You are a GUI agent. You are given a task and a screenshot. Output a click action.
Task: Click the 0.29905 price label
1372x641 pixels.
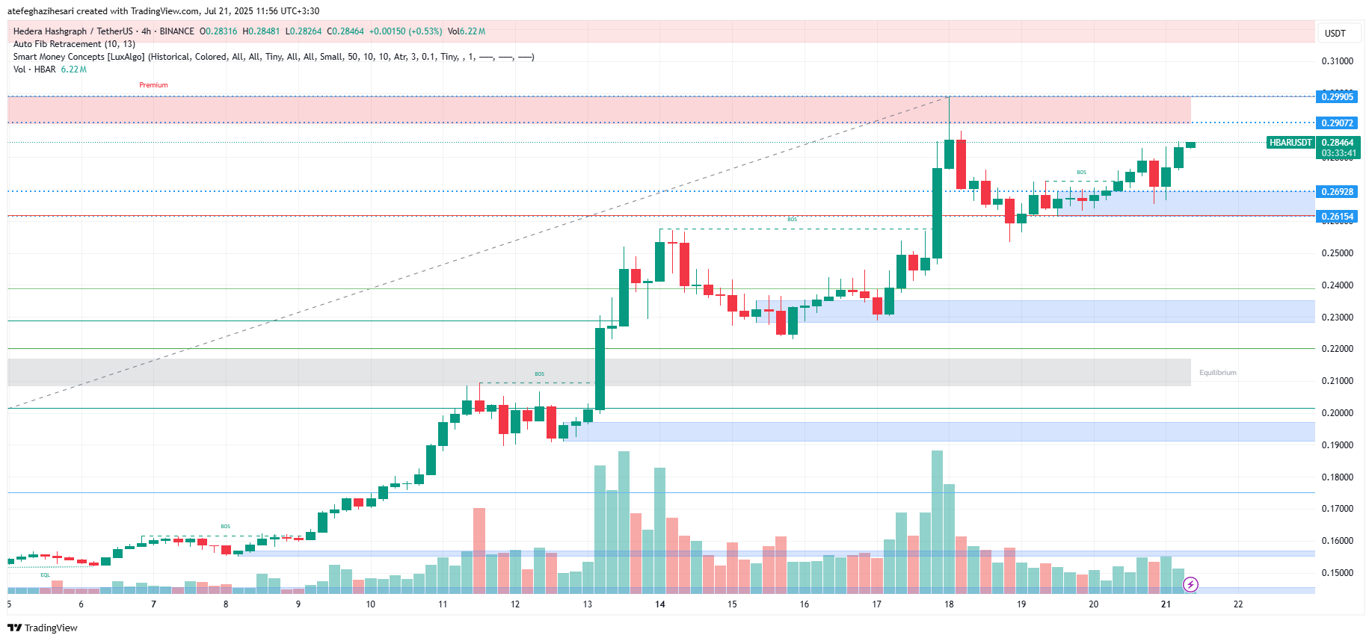point(1337,97)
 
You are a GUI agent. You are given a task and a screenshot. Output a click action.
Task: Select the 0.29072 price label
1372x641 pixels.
point(1337,123)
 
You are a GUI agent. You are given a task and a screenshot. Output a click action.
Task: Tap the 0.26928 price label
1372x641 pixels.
point(1337,192)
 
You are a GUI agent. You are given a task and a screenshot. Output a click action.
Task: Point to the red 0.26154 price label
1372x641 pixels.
point(1337,217)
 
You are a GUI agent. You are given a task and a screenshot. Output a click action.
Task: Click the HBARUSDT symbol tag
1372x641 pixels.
point(1291,143)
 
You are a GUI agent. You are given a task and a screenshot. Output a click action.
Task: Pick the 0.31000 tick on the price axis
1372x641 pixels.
point(1337,61)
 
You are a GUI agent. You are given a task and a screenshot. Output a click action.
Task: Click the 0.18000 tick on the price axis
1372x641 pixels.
point(1337,477)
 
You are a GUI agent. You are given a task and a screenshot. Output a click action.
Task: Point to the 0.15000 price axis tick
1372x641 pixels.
point(1337,573)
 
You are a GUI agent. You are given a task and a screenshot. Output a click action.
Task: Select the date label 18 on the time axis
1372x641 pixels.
point(949,604)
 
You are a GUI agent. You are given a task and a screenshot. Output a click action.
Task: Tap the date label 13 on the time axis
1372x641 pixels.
point(588,604)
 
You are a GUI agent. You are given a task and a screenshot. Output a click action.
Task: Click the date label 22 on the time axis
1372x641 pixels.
point(1238,604)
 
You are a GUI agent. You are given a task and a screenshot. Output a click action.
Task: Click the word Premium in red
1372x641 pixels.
point(153,85)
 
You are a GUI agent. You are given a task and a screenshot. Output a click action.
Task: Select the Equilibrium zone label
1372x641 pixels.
point(1217,373)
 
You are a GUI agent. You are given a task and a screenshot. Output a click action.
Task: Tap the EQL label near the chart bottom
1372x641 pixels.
point(46,575)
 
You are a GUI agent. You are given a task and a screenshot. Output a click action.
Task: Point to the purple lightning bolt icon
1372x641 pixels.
point(1190,584)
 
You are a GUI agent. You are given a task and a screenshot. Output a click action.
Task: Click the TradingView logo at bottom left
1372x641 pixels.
point(43,628)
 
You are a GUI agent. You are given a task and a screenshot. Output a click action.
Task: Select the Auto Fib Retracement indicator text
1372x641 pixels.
point(74,44)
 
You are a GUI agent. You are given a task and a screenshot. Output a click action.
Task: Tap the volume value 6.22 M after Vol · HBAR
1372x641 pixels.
point(73,69)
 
